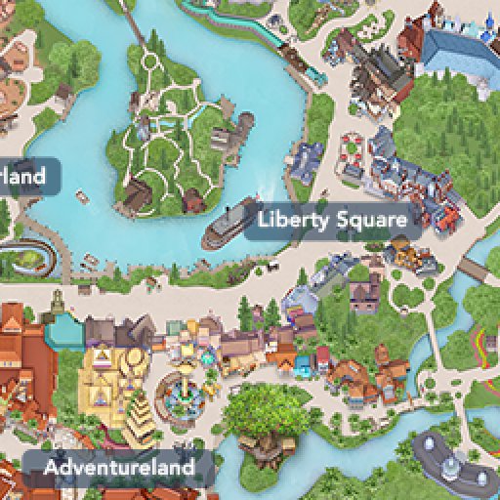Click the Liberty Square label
(x=332, y=220)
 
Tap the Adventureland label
(x=118, y=468)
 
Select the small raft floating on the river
(x=83, y=196)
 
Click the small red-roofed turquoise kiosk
(x=303, y=365)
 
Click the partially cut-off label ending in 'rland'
(x=23, y=177)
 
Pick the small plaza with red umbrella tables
(x=352, y=156)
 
